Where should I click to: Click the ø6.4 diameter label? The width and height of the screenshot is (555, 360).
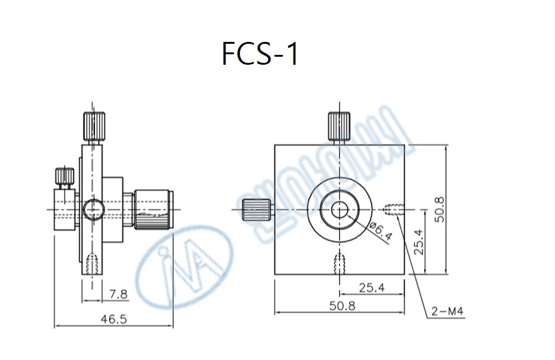click(x=382, y=232)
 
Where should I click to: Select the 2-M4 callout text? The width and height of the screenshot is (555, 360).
click(x=448, y=313)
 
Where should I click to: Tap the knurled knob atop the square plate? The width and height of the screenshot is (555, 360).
click(x=339, y=127)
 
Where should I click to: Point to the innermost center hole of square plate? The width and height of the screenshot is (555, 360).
click(x=339, y=210)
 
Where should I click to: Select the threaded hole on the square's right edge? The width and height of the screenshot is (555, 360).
click(x=393, y=210)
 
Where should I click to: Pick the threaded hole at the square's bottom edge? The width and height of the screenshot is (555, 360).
click(x=339, y=264)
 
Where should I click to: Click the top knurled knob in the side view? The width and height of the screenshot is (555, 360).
click(x=94, y=126)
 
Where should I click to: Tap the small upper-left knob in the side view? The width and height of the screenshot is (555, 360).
click(x=63, y=177)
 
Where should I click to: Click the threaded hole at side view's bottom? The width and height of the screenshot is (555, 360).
click(x=92, y=265)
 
